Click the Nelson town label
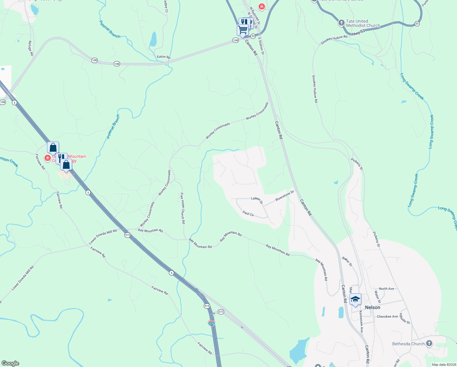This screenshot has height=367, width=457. point(372,307)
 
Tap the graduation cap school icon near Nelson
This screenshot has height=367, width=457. point(355,299)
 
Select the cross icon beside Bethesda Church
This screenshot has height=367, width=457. point(429,343)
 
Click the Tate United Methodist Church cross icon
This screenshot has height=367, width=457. point(342,23)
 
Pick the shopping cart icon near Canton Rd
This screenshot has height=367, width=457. point(243,30)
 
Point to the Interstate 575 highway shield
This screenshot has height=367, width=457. point(211,323)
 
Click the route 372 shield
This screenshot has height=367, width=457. point(221,312)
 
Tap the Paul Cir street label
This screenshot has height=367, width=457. point(248,213)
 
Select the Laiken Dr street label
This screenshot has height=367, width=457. point(257,200)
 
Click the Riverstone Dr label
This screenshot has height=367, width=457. point(284,196)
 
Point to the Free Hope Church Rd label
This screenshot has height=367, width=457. point(183,208)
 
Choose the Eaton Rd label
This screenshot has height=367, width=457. point(163,57)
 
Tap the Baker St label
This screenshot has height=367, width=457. point(347,261)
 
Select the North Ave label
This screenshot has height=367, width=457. point(386,289)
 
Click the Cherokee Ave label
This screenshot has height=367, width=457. point(387,317)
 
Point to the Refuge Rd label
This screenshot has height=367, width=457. point(31,48)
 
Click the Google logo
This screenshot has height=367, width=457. point(10,363)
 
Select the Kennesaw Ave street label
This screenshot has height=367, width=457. point(361,321)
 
